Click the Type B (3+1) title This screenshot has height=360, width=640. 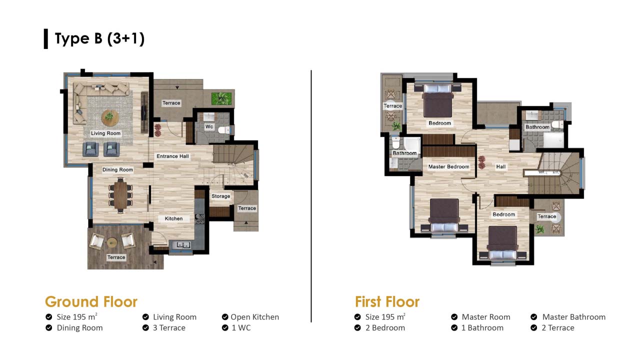99,38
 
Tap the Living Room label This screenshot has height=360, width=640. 105,133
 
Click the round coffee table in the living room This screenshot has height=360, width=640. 109,117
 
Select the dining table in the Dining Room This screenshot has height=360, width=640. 121,195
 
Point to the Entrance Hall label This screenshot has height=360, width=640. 172,156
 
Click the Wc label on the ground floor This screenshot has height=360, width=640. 209,126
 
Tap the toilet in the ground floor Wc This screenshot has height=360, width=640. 224,130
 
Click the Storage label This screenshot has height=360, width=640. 221,196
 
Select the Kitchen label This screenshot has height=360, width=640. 173,218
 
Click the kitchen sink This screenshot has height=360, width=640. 183,245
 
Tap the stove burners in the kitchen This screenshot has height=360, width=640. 199,219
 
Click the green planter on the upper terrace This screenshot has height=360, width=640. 221,98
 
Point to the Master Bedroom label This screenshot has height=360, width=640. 448,166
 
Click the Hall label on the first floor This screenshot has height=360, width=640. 501,166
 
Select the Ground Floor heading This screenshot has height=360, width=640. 91,301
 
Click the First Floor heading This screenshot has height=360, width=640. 387,301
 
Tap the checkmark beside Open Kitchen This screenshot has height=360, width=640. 225,317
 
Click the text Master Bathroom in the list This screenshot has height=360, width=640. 573,317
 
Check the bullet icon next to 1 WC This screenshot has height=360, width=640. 225,327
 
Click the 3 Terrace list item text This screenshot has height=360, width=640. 169,327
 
